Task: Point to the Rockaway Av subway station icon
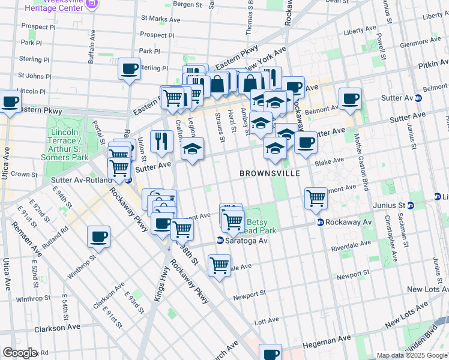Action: pos(321,222)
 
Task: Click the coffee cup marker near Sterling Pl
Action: pos(129,68)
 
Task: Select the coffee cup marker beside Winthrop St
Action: pos(98,236)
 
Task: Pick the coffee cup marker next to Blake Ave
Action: pos(306,143)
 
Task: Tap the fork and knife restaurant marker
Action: pos(161,141)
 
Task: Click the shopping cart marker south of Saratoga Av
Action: pos(220,264)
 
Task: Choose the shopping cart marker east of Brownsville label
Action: pos(316,197)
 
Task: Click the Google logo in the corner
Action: pos(20,352)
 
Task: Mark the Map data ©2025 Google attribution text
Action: pos(412,355)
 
